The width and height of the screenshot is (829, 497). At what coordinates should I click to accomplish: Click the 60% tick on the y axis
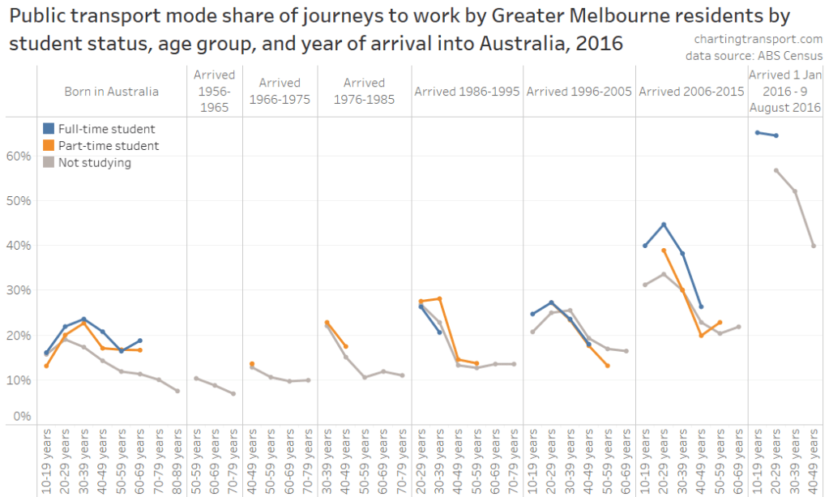tap(19, 156)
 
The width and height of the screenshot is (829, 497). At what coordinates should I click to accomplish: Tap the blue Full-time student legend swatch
tap(49, 129)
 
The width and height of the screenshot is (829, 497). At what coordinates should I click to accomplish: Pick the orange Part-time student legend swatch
tap(49, 146)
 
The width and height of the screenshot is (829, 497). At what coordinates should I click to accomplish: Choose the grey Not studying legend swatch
tap(49, 162)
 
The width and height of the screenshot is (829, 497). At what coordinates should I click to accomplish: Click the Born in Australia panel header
tap(112, 92)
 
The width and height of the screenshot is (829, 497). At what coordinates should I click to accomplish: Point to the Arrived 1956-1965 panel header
tap(214, 91)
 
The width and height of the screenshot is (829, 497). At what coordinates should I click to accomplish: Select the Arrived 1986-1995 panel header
tap(467, 92)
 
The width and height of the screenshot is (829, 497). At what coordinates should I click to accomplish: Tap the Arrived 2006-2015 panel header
tap(691, 92)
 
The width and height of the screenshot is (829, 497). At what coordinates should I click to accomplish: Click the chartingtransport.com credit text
tap(758, 39)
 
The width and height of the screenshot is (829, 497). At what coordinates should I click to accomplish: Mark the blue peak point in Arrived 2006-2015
tap(664, 225)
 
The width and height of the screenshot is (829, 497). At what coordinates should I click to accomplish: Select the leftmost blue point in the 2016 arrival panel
tap(757, 132)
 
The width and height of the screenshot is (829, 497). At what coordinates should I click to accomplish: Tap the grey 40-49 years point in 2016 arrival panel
tap(814, 245)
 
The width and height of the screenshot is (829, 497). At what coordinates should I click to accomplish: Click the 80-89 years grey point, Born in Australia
tap(177, 391)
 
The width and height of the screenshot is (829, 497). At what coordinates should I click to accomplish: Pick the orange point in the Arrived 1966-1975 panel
tap(252, 364)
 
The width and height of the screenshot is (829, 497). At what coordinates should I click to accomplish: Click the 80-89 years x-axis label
tap(177, 457)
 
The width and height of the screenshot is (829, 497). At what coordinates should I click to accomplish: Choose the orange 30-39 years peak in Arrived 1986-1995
tap(440, 298)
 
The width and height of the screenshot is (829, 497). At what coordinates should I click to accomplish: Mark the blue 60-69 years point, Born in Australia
tap(140, 341)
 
